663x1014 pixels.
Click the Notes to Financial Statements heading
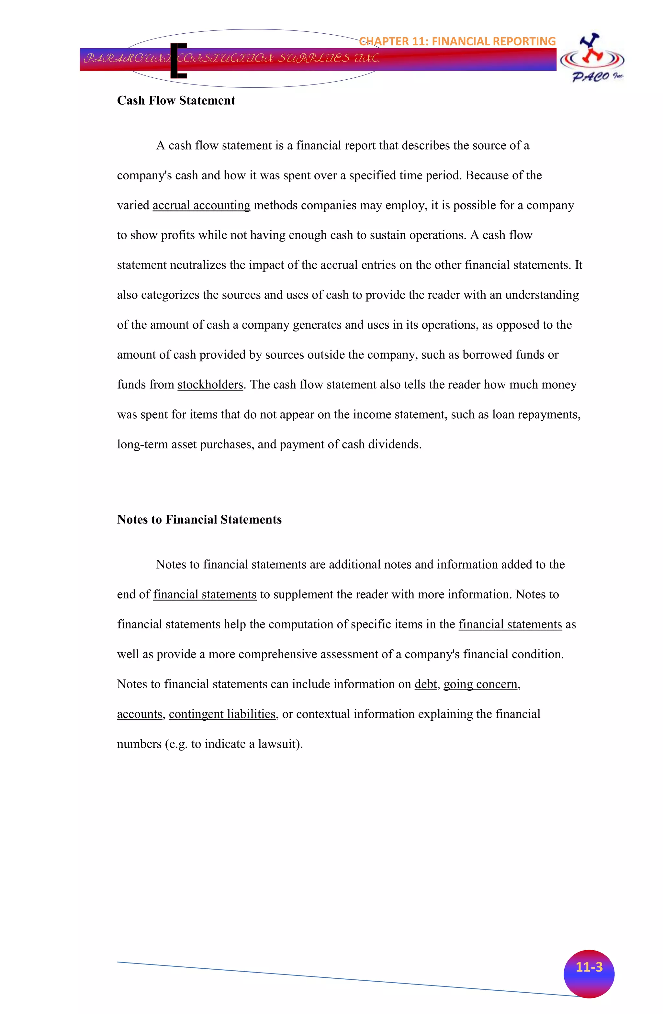pyautogui.click(x=199, y=519)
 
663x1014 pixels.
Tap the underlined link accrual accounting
pyautogui.click(x=201, y=205)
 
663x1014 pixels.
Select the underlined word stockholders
pyautogui.click(x=210, y=385)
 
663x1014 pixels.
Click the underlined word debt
pyautogui.click(x=425, y=684)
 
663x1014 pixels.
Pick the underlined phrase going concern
pyautogui.click(x=480, y=684)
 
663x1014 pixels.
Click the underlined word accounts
pyautogui.click(x=139, y=714)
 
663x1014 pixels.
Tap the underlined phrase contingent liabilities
pyautogui.click(x=222, y=714)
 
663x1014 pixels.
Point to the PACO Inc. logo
pyautogui.click(x=592, y=59)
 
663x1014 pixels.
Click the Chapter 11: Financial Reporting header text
pyautogui.click(x=457, y=41)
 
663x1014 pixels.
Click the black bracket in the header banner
pyautogui.click(x=178, y=61)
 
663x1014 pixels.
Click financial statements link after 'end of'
pyautogui.click(x=205, y=594)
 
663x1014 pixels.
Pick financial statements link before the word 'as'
pyautogui.click(x=510, y=624)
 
